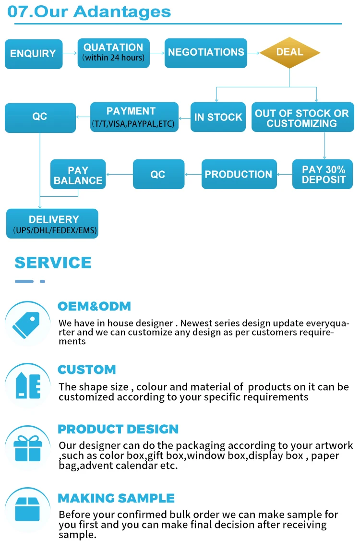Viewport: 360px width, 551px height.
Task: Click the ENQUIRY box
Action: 34,54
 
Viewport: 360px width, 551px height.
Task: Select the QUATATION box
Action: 113,53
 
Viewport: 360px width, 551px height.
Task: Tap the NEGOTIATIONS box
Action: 206,53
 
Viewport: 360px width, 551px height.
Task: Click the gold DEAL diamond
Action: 289,52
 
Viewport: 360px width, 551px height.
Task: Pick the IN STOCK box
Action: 218,117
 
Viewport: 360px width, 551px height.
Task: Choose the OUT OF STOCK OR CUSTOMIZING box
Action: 301,118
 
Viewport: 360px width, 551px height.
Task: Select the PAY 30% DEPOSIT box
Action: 323,174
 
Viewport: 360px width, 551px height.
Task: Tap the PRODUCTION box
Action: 239,174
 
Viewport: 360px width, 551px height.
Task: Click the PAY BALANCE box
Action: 78,175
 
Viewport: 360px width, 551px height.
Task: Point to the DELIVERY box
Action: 52,224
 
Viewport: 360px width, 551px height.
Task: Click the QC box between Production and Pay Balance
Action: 158,174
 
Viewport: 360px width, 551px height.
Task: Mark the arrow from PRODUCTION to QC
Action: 193,174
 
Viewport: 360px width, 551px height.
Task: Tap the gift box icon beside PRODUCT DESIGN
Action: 27,448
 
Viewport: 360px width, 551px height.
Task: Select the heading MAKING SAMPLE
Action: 116,498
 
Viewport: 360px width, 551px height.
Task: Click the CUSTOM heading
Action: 87,370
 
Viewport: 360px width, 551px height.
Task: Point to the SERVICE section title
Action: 53,263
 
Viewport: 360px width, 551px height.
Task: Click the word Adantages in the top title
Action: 122,12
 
